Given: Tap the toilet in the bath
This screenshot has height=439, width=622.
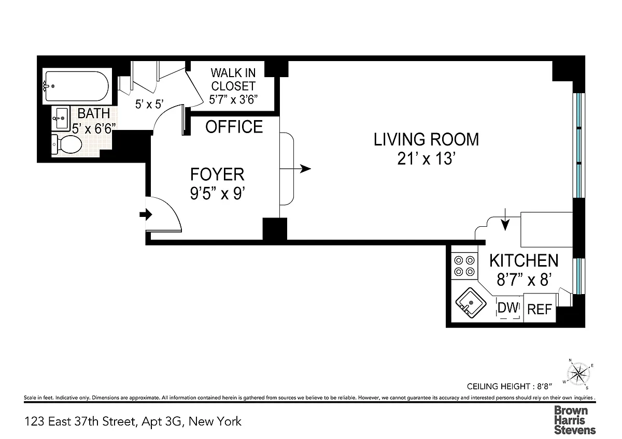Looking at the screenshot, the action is coord(67,144).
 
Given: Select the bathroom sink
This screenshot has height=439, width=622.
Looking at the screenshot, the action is coord(61,118).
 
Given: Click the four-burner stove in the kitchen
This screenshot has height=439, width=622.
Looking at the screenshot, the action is coord(464,266).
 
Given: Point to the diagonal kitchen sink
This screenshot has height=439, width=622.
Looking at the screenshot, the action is coord(471,302).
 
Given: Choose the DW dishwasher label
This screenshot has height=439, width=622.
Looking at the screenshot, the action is coord(508,308).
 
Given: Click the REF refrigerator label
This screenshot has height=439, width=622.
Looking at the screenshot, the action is coord(540,310).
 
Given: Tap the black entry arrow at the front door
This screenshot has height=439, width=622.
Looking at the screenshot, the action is coord(146,215).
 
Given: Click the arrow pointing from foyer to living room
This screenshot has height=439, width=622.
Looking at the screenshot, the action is coord(295,169).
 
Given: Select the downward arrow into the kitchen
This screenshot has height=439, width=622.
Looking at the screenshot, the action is coord(505,220).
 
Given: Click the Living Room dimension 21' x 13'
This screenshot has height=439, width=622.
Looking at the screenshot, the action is coord(426,159).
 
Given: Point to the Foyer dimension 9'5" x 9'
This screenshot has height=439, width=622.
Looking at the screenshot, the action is coord(217,193).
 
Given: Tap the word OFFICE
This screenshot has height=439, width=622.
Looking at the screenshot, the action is coord(234,127).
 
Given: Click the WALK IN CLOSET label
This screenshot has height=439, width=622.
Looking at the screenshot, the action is coord(233,80).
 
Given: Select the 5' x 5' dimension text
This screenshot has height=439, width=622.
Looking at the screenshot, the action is coord(149,104).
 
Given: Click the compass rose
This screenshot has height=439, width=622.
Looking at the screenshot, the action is coord(578,374).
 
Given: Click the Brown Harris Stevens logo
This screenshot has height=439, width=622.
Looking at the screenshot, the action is coord(575,420).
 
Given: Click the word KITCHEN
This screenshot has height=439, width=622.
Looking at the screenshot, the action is coord(524,261).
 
